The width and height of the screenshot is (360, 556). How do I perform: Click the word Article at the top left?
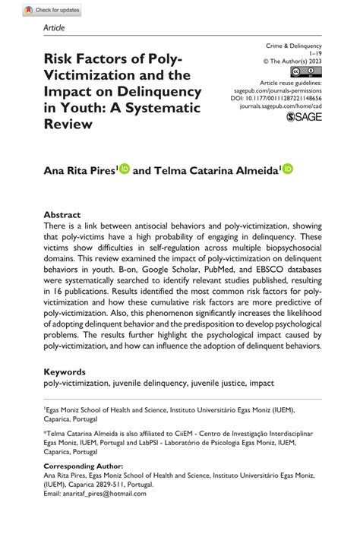point(55,27)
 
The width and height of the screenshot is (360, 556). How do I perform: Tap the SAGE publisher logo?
point(304,117)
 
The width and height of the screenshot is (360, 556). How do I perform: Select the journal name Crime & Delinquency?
point(293,46)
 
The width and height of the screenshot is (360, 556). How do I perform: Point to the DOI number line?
point(286,99)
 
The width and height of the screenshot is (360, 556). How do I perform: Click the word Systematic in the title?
point(167,107)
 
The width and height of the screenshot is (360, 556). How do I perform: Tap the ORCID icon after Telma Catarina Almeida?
point(288,170)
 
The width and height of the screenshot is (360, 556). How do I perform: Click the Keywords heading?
point(65,371)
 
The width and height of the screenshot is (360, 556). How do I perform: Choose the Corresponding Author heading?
point(83,466)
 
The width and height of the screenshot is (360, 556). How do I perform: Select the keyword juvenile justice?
point(223,384)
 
